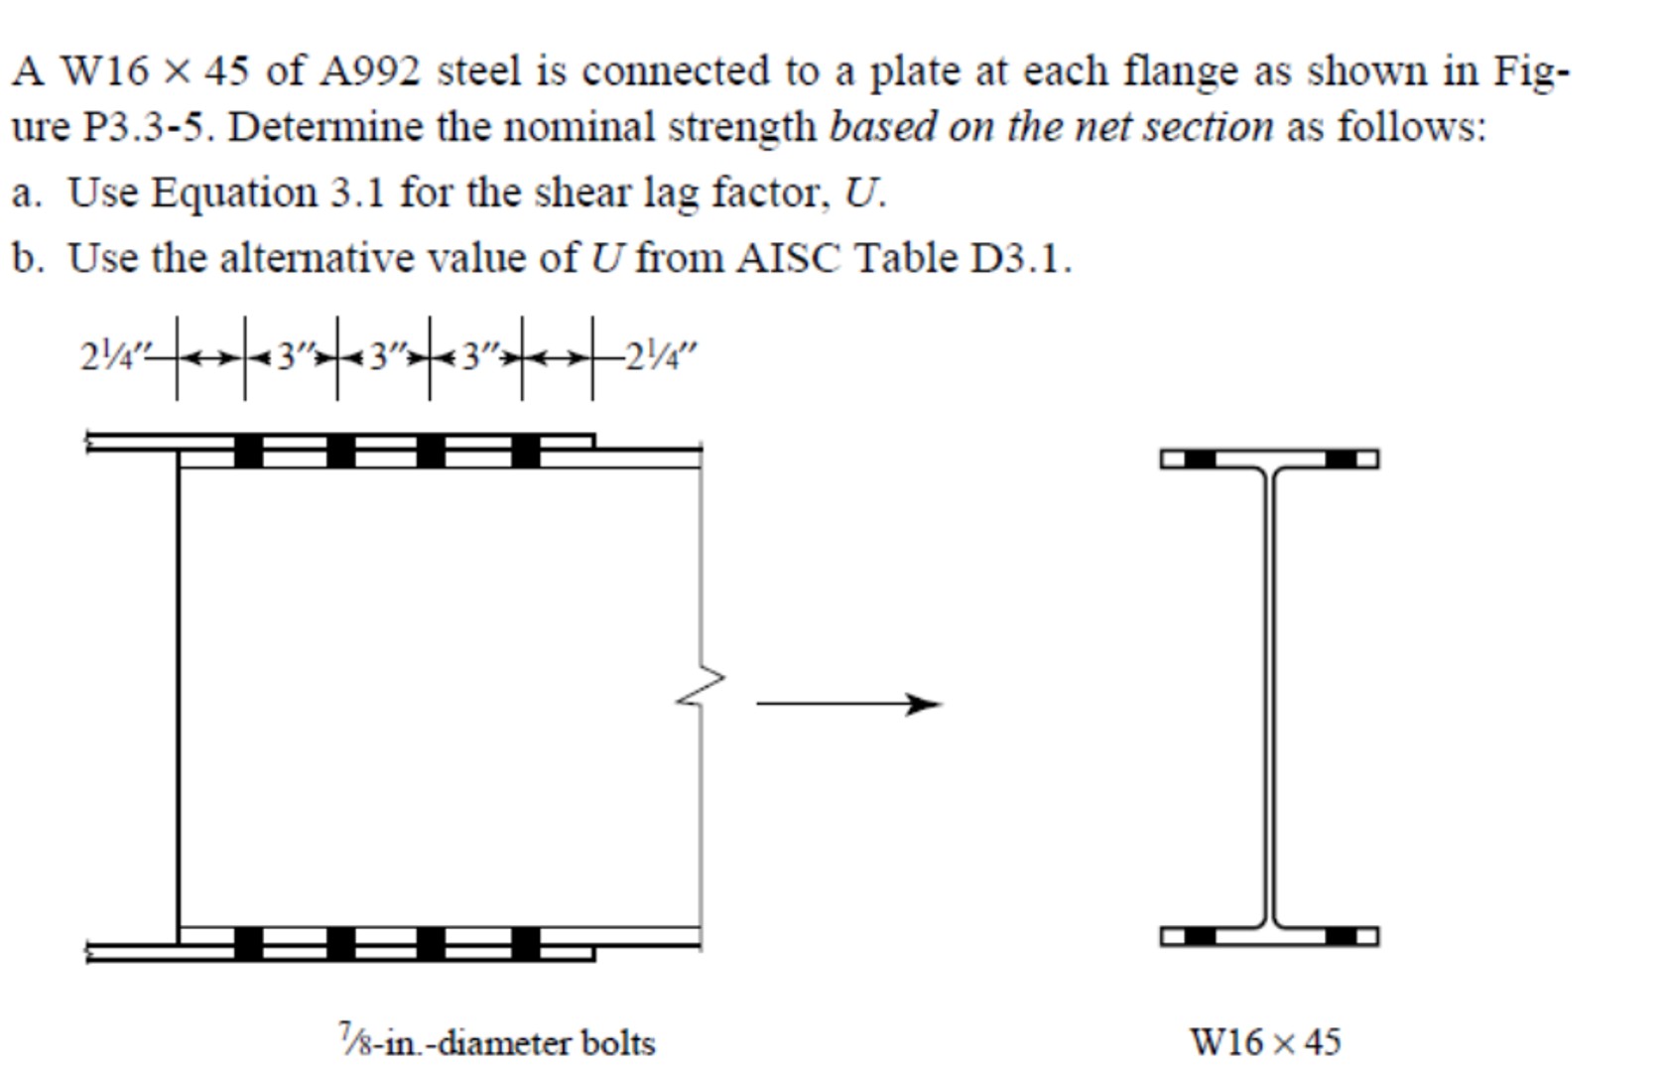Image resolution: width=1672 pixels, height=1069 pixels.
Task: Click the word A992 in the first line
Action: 371,71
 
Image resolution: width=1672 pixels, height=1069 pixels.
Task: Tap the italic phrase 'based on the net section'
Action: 1050,127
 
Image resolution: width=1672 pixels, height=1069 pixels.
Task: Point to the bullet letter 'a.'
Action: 27,193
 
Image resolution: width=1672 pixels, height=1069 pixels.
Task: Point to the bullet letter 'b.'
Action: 27,258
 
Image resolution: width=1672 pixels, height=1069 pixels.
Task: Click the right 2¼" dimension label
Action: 661,356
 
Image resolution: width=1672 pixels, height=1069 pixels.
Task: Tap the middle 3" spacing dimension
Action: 383,356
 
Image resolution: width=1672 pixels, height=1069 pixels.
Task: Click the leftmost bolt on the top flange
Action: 248,451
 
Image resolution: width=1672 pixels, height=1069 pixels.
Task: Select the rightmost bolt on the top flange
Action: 526,451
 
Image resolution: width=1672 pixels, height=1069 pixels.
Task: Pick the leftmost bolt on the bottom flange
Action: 248,943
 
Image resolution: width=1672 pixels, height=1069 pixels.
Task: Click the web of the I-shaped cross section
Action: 1269,695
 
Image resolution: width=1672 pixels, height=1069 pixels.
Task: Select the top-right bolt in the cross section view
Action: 1341,459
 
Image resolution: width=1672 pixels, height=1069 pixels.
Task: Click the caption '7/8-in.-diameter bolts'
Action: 496,1042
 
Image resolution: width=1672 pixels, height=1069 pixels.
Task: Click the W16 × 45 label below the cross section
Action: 1265,1042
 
